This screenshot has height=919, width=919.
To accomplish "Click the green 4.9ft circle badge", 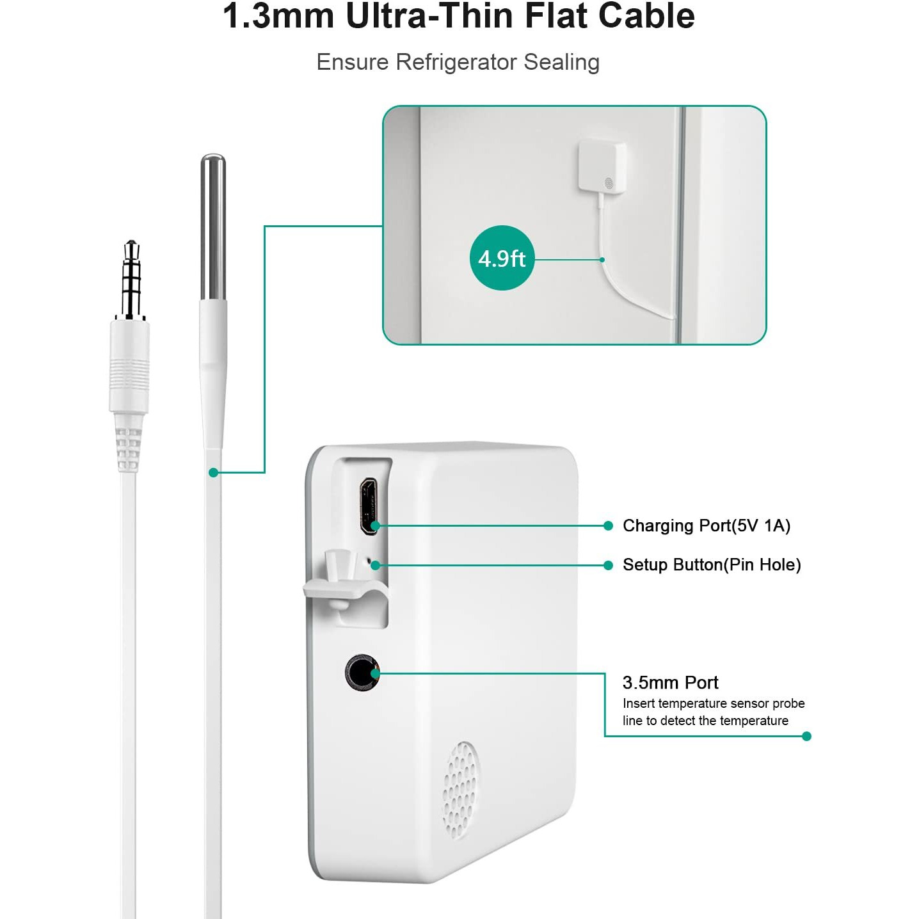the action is (x=502, y=258).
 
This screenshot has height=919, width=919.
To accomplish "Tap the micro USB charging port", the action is (x=369, y=506).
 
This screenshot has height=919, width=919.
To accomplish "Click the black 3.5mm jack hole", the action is (x=362, y=672).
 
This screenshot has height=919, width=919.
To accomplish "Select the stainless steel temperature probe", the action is (x=212, y=227).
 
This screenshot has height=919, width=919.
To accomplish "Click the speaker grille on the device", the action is (x=459, y=790).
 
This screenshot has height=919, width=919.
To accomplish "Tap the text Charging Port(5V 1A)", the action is (x=707, y=525).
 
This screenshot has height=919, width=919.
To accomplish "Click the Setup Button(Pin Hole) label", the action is (x=712, y=564).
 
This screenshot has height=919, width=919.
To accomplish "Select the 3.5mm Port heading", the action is (x=670, y=682).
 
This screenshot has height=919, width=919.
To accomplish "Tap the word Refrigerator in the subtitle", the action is (x=456, y=62).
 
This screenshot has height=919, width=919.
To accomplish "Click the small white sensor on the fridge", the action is (x=602, y=166).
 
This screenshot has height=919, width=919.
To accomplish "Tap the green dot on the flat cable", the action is (x=214, y=472).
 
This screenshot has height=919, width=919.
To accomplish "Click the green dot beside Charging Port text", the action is (x=608, y=525).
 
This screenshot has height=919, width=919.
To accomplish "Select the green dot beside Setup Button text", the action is (x=608, y=565).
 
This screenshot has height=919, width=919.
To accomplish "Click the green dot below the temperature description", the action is (x=806, y=737).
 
